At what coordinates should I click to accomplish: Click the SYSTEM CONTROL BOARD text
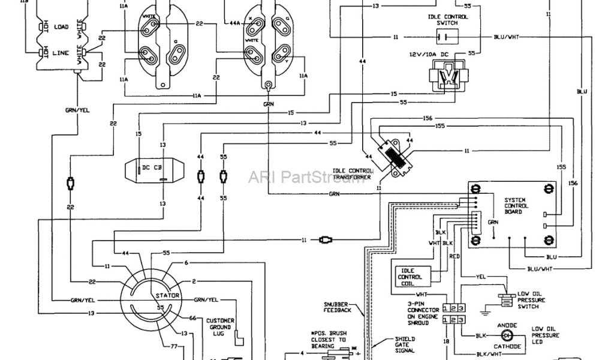(516, 206)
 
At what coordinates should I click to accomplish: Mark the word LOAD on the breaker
(61, 28)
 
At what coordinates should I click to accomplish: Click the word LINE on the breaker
(61, 53)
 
